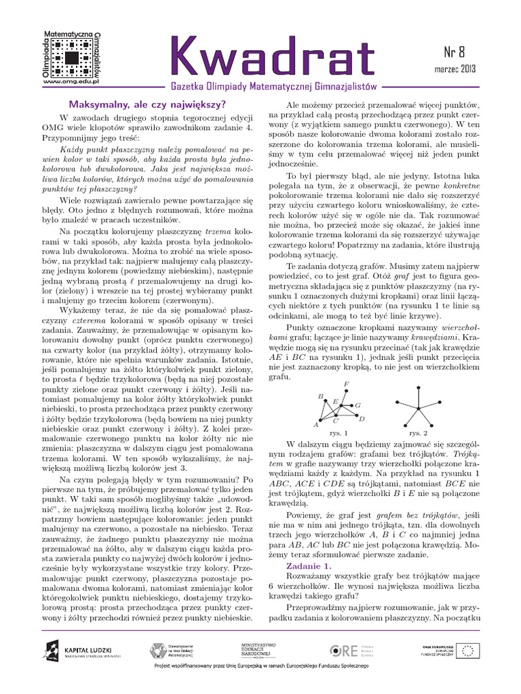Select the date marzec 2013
pyautogui.click(x=454, y=69)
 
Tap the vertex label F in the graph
pyautogui.click(x=347, y=384)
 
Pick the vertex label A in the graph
pyautogui.click(x=315, y=425)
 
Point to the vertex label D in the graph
pyautogui.click(x=362, y=419)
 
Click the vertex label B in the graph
pyautogui.click(x=320, y=396)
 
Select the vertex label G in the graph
pyautogui.click(x=358, y=405)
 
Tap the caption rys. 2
pyautogui.click(x=418, y=432)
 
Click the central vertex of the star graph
pyautogui.click(x=418, y=407)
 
